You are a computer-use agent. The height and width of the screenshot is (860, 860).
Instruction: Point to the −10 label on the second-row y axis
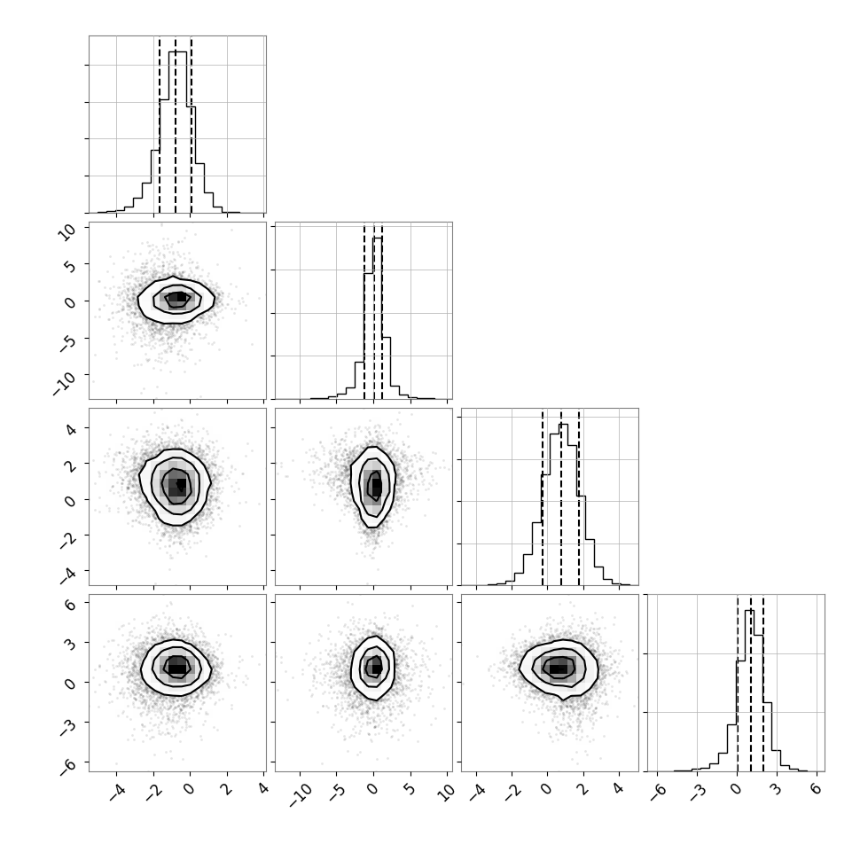pos(65,382)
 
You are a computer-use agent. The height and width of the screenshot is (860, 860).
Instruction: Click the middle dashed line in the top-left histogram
pos(176,125)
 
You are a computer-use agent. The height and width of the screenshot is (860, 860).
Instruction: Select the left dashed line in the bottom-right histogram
pos(738,684)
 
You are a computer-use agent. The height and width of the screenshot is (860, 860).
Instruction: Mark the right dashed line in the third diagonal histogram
pos(579,496)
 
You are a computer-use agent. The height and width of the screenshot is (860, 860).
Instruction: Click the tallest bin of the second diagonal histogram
pos(378,318)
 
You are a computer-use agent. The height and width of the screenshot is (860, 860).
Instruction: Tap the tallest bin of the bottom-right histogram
pos(750,691)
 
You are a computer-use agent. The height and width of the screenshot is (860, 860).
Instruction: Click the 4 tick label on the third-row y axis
pos(72,428)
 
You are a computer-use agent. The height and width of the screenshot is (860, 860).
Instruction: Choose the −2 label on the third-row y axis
pos(68,541)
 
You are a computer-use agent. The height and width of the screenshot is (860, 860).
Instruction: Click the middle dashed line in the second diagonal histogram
pos(374,311)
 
